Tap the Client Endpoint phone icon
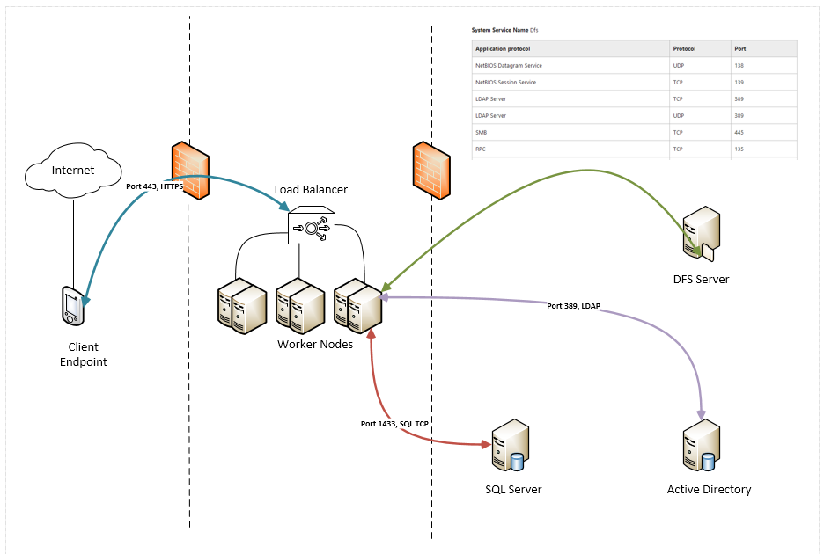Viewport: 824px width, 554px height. [72, 306]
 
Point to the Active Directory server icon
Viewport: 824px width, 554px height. [702, 449]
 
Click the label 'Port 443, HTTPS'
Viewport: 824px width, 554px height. [156, 186]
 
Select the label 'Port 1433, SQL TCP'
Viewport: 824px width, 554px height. [397, 424]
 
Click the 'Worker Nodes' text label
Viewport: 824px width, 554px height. [315, 344]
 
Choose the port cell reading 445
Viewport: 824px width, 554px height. [739, 133]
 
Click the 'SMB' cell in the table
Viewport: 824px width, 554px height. [482, 133]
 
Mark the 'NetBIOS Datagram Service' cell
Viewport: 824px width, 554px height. [509, 66]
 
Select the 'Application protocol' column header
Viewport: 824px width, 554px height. [503, 49]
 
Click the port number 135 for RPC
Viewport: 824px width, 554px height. [739, 149]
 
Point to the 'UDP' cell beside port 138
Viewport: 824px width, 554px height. [679, 66]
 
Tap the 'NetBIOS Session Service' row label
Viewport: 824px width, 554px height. [505, 83]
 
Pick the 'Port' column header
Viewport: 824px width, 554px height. [739, 49]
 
